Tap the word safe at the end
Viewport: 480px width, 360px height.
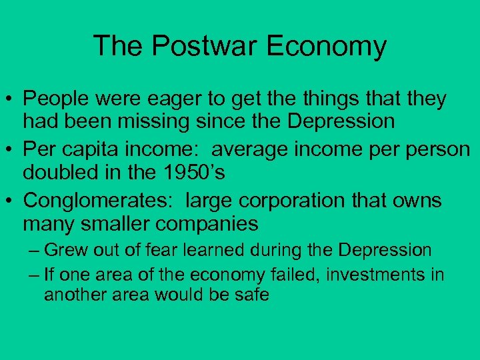click(253, 294)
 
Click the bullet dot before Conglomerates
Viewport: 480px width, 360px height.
click(11, 199)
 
